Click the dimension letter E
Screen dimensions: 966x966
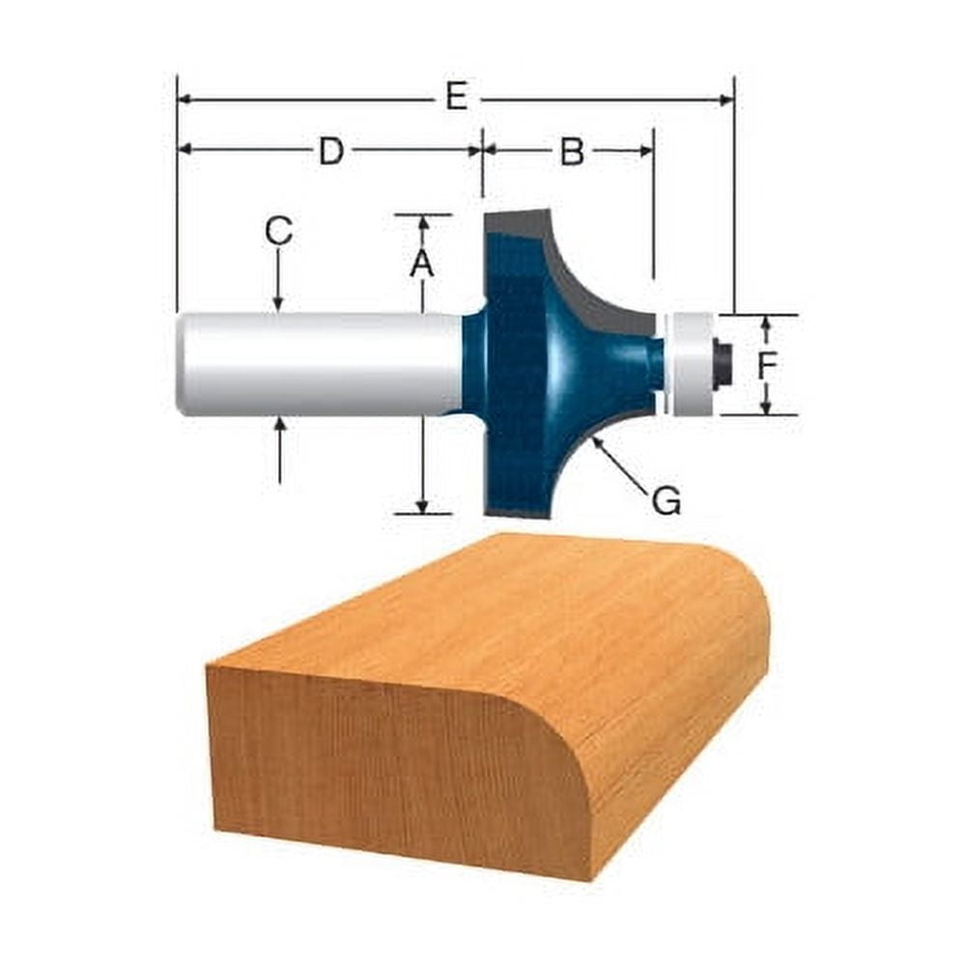pyautogui.click(x=456, y=97)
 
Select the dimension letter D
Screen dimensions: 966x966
pyautogui.click(x=331, y=151)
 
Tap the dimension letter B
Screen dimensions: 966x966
pyautogui.click(x=572, y=151)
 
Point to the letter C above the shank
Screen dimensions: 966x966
pyautogui.click(x=278, y=231)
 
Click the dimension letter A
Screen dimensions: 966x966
pyautogui.click(x=421, y=263)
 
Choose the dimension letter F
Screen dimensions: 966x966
pyautogui.click(x=767, y=365)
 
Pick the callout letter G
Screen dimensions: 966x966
pyautogui.click(x=667, y=500)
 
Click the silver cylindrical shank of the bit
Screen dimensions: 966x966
pyautogui.click(x=319, y=364)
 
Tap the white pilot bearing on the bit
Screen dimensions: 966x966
pyautogui.click(x=692, y=364)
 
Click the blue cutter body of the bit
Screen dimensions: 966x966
pyautogui.click(x=541, y=367)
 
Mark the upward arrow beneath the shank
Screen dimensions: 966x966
pyautogui.click(x=279, y=425)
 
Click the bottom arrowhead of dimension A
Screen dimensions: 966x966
pyautogui.click(x=422, y=504)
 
